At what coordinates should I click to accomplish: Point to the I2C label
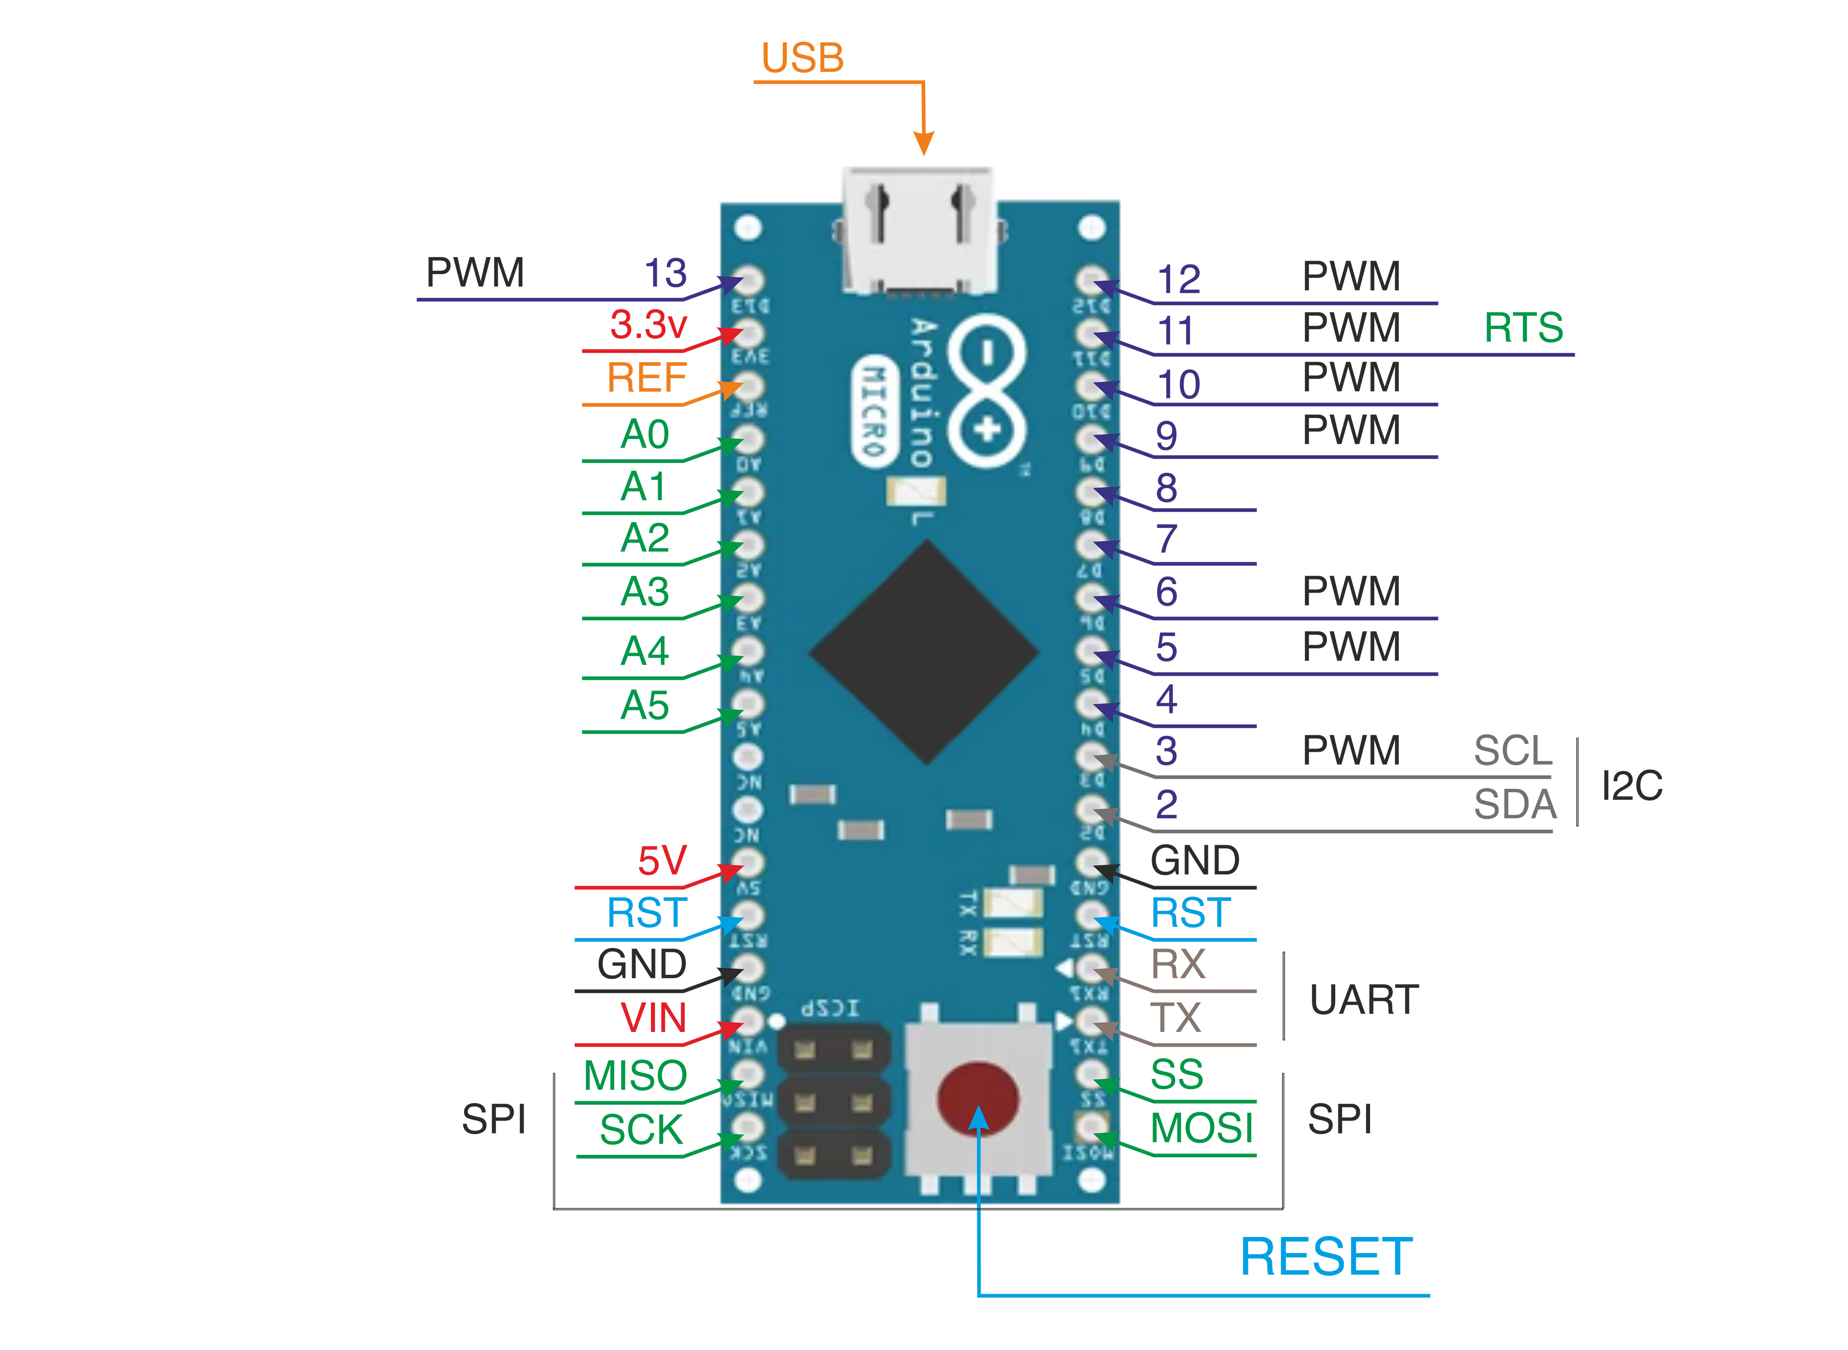(1632, 786)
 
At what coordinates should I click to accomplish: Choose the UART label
(1363, 999)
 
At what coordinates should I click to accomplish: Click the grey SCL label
(1512, 750)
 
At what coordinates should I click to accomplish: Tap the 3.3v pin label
(648, 325)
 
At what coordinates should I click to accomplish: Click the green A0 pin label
(645, 434)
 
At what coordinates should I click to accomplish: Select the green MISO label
(635, 1076)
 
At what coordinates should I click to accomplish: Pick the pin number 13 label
(665, 273)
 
